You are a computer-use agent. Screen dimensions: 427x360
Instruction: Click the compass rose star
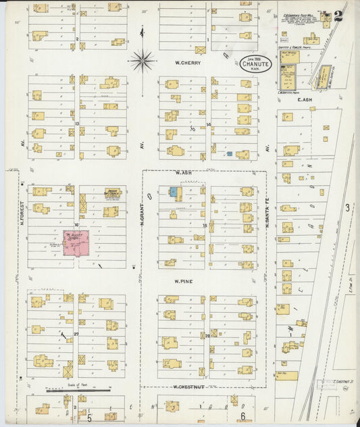coord(142,61)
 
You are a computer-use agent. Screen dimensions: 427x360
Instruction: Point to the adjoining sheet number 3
coord(347,208)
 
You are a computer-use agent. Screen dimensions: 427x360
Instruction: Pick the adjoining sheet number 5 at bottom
coord(88,417)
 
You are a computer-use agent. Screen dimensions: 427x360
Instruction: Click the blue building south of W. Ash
coord(174,193)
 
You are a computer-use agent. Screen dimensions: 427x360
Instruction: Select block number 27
coord(76,334)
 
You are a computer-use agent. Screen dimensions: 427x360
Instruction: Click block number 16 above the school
coord(77,224)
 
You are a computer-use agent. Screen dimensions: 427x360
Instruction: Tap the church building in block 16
coord(112,193)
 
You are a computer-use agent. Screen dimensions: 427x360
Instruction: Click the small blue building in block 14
coord(230,154)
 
